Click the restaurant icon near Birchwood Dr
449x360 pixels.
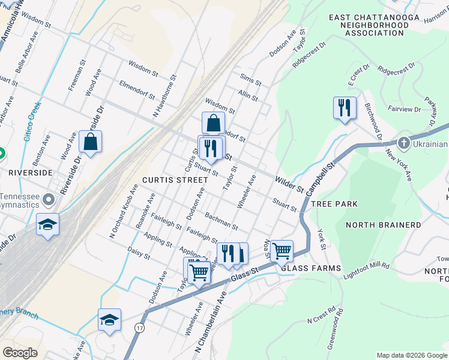point(345,108)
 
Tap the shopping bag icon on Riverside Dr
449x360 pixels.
point(90,142)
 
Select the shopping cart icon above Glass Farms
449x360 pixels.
point(282,250)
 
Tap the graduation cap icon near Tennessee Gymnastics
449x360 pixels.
point(47,225)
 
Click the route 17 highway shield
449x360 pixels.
point(140,328)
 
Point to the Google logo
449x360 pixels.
point(20,353)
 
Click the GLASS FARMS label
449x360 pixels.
point(311,268)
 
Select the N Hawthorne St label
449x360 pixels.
point(164,95)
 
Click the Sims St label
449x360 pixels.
point(250,79)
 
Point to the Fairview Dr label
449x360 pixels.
point(405,109)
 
